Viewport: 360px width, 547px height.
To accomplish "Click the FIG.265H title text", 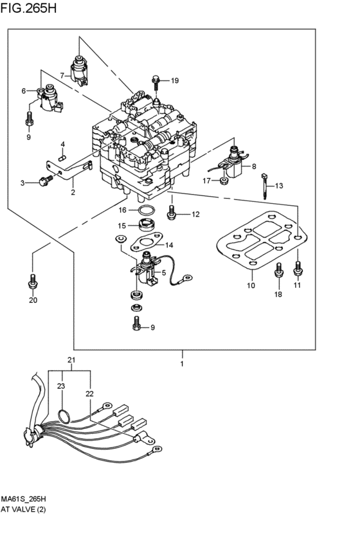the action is click(x=28, y=8).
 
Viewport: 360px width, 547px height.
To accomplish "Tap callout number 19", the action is click(x=174, y=80).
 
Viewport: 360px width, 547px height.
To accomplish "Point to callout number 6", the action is click(x=24, y=91).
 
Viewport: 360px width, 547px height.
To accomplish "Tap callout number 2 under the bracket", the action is click(x=73, y=192).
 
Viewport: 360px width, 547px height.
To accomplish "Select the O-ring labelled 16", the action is click(x=145, y=211).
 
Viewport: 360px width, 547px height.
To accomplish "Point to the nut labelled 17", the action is click(x=224, y=181).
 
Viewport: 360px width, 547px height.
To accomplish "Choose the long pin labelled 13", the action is click(x=265, y=186).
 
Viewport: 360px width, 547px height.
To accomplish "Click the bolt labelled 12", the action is click(x=171, y=212).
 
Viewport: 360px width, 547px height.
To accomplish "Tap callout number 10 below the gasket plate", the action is click(x=251, y=285).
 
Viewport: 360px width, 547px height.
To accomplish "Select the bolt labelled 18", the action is click(x=278, y=271).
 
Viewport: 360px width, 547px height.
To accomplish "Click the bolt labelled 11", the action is click(x=298, y=268).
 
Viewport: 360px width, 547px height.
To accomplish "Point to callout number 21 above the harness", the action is click(x=71, y=360).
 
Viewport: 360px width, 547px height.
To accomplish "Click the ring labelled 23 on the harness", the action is click(x=63, y=416).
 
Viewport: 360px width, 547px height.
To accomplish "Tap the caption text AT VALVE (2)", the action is click(x=23, y=509).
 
